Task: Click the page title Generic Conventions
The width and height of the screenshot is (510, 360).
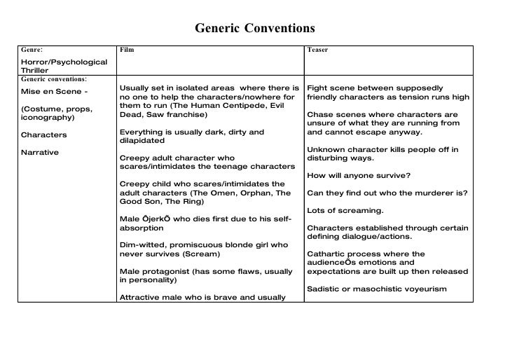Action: pos(255,29)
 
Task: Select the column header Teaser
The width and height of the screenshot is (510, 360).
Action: pos(317,50)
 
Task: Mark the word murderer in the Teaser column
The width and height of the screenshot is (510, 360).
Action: pos(434,193)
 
